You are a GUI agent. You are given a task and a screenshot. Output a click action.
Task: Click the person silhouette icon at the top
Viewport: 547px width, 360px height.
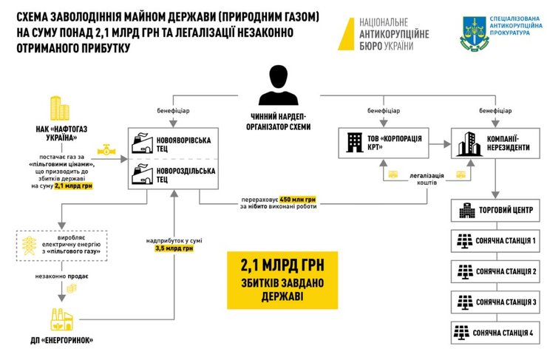[x=278, y=82]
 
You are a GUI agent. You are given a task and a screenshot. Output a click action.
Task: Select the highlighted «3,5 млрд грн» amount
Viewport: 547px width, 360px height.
[x=169, y=248]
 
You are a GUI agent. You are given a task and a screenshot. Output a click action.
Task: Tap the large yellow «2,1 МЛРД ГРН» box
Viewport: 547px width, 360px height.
[x=282, y=279]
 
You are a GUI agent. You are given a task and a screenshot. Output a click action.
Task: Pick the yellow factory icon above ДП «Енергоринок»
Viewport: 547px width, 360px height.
[x=64, y=316]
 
